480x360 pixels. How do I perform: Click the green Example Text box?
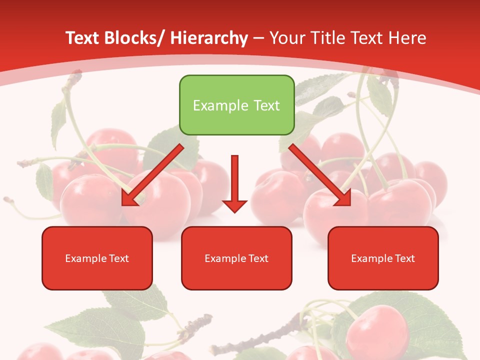click(x=236, y=105)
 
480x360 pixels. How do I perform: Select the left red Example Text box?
click(x=97, y=258)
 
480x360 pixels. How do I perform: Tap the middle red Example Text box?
click(x=236, y=258)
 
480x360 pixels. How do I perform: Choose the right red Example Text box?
click(x=383, y=258)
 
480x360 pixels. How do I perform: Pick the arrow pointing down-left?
click(x=152, y=175)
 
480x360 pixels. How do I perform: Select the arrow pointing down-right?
click(x=320, y=175)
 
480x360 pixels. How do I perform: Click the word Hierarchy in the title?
click(x=208, y=38)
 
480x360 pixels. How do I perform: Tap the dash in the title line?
click(x=258, y=38)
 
